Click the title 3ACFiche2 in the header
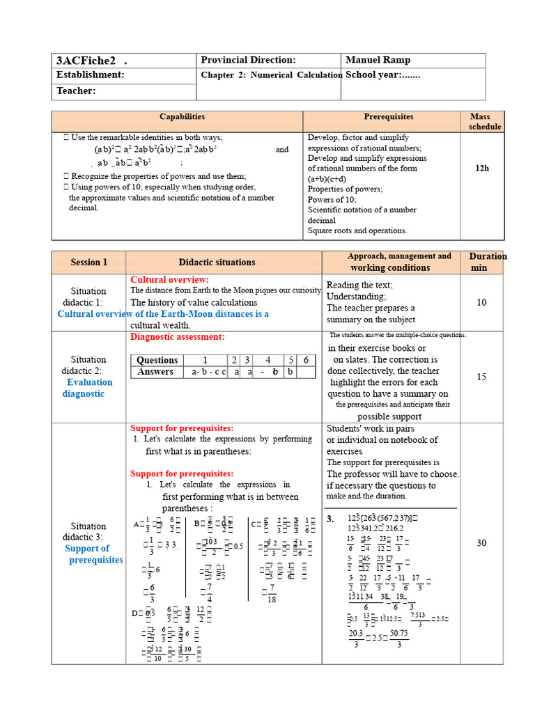pos(86,61)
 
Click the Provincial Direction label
pos(248,61)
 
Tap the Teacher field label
pos(76,91)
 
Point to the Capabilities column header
pos(182,117)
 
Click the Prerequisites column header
pos(388,117)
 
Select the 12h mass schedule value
pos(482,169)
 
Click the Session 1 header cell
pos(89,263)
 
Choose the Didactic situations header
pos(217,263)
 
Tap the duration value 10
pos(481,302)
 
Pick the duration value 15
pos(481,377)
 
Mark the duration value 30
pos(481,543)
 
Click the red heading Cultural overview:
pos(169,280)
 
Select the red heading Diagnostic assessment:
pos(178,337)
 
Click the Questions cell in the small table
pos(157,360)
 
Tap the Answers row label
pos(155,372)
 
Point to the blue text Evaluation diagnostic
pos(86,388)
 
